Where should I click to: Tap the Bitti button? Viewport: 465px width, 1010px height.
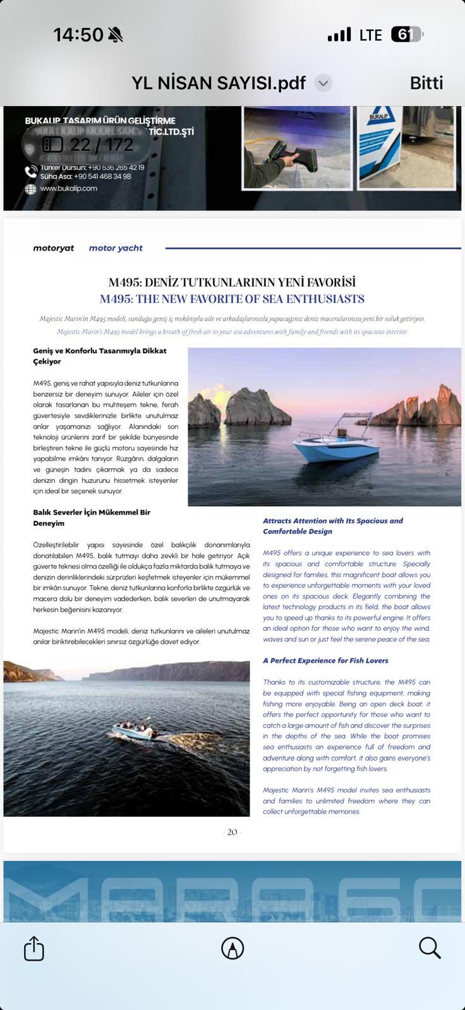point(426,83)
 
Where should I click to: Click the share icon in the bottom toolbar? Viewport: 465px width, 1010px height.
point(34,948)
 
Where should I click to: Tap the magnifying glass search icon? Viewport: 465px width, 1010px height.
point(430,948)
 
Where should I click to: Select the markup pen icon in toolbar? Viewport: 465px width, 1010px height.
point(232,948)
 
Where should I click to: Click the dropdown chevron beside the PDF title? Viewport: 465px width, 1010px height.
point(323,83)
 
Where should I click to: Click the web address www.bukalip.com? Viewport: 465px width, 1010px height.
point(68,188)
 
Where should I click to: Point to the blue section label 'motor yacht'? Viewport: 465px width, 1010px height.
point(116,248)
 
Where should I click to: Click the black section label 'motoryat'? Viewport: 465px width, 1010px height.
point(53,248)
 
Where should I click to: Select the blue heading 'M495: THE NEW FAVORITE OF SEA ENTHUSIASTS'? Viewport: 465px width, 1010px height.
point(232,299)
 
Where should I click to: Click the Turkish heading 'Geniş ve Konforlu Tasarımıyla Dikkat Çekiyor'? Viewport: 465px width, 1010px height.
point(100,356)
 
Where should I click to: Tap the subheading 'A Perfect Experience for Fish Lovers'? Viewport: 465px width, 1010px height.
point(325,660)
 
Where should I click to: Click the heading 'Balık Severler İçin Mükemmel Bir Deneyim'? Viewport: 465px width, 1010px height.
point(92,518)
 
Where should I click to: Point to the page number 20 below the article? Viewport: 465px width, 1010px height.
point(232,832)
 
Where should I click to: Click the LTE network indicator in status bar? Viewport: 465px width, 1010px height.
point(370,35)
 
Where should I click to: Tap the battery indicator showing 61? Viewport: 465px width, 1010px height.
point(406,35)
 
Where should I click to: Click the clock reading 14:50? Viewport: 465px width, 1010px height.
point(78,35)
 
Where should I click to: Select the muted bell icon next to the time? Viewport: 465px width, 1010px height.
point(116,35)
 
